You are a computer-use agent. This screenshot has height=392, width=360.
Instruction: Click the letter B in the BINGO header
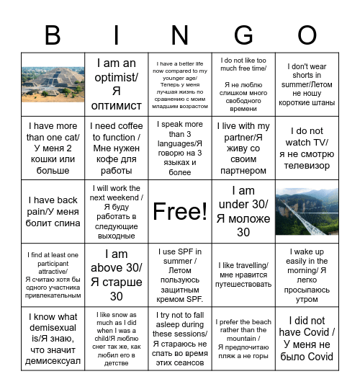(53, 35)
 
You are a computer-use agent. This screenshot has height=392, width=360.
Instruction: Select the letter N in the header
(180, 35)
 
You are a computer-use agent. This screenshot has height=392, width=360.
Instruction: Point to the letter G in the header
(243, 35)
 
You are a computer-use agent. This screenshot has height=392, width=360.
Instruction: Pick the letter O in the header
(307, 35)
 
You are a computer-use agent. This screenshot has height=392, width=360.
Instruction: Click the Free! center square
(180, 211)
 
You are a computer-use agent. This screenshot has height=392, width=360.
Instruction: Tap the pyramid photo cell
(53, 84)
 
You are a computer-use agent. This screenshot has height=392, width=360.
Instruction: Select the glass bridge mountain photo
(307, 211)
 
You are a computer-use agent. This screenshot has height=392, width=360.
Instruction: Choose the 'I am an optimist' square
(117, 84)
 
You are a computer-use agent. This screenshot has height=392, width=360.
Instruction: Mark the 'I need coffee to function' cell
(117, 148)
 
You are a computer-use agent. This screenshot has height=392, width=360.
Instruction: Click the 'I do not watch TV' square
(307, 148)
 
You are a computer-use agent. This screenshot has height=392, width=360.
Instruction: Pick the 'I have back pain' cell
(53, 211)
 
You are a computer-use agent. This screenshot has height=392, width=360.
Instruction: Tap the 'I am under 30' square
(243, 211)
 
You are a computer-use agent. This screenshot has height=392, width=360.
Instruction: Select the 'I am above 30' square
(117, 275)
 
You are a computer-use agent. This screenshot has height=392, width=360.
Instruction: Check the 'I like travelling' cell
(243, 275)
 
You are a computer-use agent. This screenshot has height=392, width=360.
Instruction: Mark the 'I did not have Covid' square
(307, 338)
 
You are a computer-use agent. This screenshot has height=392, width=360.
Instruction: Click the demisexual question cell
(53, 338)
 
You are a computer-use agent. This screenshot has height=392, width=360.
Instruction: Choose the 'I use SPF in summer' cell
(180, 275)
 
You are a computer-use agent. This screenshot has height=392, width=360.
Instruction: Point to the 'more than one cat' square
(53, 148)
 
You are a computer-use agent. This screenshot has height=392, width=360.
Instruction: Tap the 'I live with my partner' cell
(243, 148)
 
